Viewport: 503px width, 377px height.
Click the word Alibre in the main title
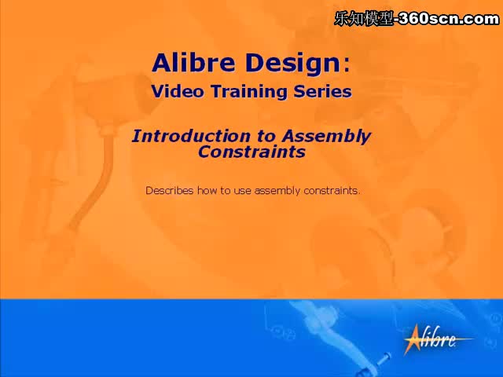[193, 63]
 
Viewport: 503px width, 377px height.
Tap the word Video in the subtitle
[178, 91]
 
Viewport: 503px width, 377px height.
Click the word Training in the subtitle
[249, 93]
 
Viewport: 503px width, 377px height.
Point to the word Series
[323, 91]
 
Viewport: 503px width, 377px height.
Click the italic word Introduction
[191, 136]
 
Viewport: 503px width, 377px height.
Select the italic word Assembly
[327, 137]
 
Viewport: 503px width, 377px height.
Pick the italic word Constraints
[251, 152]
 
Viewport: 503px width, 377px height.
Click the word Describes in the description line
[170, 190]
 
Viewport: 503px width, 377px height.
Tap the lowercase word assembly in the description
[277, 191]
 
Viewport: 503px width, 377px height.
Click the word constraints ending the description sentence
[332, 191]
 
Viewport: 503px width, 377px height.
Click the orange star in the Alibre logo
[414, 339]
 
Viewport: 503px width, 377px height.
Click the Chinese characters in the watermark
[364, 19]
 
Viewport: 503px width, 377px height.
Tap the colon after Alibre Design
[347, 65]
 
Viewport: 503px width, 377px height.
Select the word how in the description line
[207, 190]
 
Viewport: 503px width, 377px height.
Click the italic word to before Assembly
[266, 137]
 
